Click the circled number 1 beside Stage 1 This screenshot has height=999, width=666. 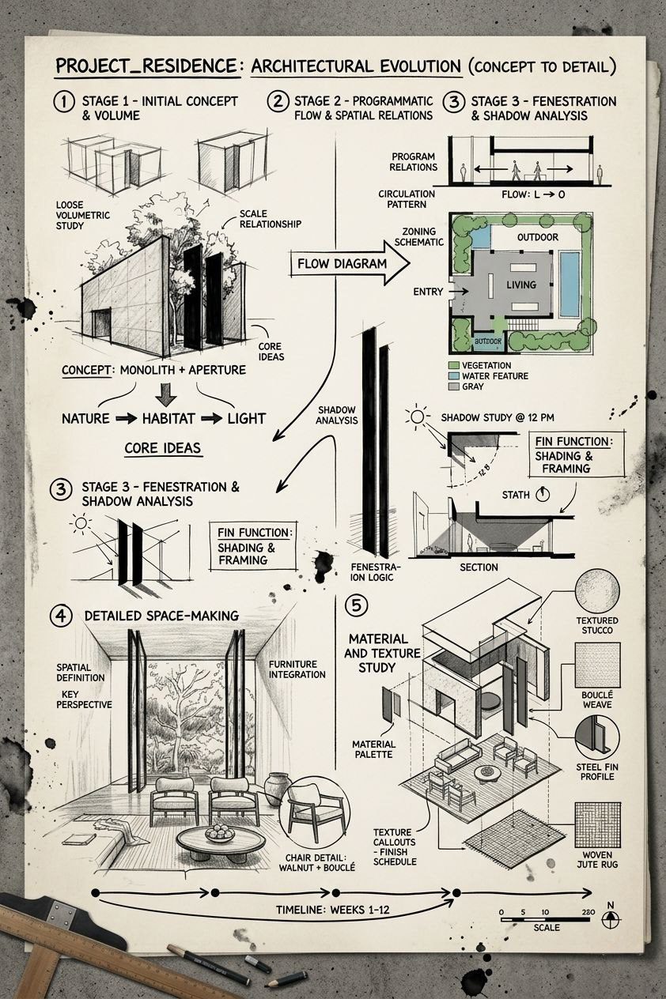point(62,102)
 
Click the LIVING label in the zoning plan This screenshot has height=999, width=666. point(521,285)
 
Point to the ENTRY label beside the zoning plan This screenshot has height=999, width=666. point(429,292)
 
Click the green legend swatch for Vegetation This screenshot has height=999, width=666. point(453,366)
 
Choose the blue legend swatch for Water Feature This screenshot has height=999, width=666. point(453,376)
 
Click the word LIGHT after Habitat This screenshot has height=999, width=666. point(246,419)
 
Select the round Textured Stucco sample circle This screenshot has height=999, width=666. point(597,590)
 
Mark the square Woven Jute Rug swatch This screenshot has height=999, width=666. point(597,824)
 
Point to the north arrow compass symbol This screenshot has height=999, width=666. point(610,920)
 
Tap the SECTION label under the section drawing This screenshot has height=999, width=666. point(479,567)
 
